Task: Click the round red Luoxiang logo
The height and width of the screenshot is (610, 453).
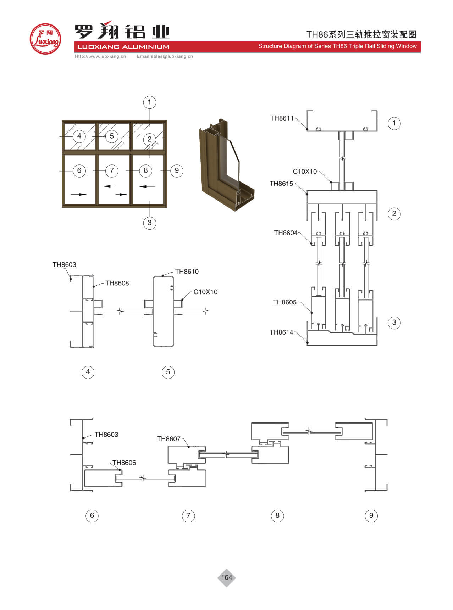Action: (x=45, y=39)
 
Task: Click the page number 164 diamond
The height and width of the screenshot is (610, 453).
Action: (x=226, y=577)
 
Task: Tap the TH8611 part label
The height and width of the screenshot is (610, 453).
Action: (x=282, y=118)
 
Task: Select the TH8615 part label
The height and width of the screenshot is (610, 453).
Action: (x=281, y=183)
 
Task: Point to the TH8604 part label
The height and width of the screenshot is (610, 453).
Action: (x=286, y=233)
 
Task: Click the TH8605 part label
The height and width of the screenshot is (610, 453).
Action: (x=284, y=302)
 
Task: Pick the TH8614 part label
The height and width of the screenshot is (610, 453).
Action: (x=281, y=332)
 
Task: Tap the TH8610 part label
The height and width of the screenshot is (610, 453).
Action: (x=187, y=272)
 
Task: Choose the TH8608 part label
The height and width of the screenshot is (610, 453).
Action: (x=117, y=283)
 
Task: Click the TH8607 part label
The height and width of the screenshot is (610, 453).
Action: (x=169, y=439)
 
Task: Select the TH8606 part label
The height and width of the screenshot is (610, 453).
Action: (x=124, y=463)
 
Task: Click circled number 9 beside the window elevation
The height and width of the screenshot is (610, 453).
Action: (x=177, y=170)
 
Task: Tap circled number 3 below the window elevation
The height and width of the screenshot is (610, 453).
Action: (x=149, y=223)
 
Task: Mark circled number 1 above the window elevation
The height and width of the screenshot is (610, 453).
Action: (x=149, y=102)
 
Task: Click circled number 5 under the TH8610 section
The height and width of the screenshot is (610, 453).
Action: (x=168, y=372)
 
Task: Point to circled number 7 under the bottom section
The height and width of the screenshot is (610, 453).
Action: (x=188, y=515)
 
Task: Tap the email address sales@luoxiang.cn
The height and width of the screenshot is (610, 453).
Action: (x=165, y=56)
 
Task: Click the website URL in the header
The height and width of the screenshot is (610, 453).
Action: (x=100, y=56)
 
